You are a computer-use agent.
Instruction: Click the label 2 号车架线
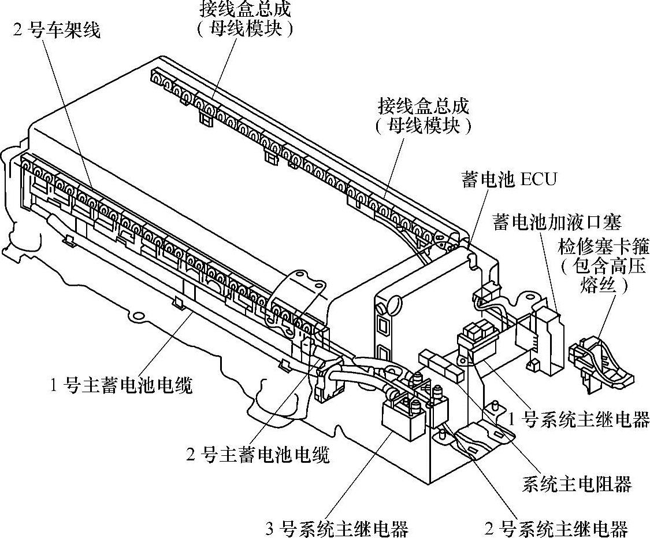[57, 30]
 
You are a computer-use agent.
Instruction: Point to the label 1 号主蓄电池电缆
[121, 385]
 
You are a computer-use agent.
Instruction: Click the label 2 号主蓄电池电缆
[258, 455]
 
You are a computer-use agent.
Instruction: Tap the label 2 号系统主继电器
[556, 528]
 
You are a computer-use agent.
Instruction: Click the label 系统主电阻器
[576, 484]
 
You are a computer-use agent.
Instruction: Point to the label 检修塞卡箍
[603, 248]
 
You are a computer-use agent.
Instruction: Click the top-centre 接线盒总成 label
[245, 9]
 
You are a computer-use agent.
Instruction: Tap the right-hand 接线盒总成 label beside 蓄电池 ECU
[424, 106]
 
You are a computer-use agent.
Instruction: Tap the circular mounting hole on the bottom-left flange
[137, 316]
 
